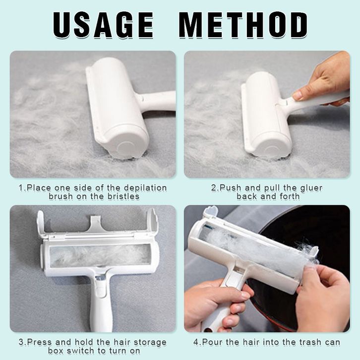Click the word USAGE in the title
pyautogui.click(x=103, y=25)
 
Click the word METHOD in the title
pyautogui.click(x=243, y=25)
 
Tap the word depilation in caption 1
pyautogui.click(x=145, y=188)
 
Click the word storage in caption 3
pyautogui.click(x=150, y=342)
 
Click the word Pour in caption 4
pyautogui.click(x=214, y=342)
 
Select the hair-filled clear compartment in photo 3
pyautogui.click(x=100, y=255)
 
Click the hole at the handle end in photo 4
pyautogui.click(x=208, y=330)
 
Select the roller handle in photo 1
pyautogui.click(x=158, y=101)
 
